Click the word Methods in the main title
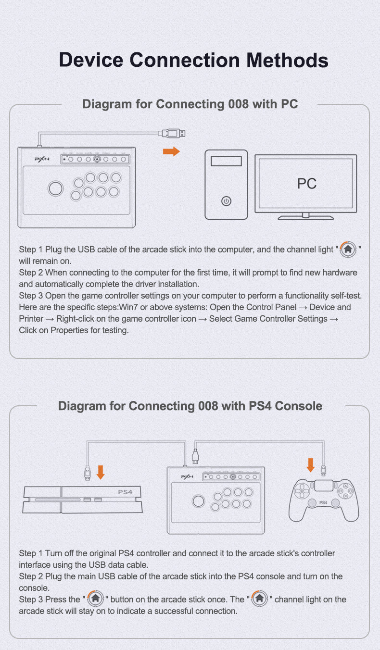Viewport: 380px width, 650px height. (287, 60)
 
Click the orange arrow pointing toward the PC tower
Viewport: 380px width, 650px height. (171, 151)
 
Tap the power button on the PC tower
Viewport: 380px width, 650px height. (226, 201)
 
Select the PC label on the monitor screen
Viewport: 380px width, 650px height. (306, 183)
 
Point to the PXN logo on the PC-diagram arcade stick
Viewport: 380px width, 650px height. (42, 159)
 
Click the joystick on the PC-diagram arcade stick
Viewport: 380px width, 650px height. (55, 188)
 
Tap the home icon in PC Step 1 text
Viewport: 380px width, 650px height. (348, 249)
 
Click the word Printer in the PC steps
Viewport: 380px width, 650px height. (31, 319)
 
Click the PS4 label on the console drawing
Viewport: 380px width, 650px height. (125, 492)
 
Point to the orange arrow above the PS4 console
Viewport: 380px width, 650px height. (101, 472)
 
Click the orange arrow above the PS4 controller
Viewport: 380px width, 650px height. (311, 465)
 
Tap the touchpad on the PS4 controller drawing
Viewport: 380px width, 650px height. (324, 486)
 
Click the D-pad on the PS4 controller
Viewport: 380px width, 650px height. (302, 491)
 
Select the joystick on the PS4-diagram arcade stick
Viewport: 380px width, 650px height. (199, 501)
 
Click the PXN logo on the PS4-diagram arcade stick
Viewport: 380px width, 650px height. (187, 476)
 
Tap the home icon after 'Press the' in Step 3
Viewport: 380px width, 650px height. (95, 599)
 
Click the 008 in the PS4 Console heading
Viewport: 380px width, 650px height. (208, 406)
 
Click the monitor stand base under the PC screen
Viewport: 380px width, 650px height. (306, 217)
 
